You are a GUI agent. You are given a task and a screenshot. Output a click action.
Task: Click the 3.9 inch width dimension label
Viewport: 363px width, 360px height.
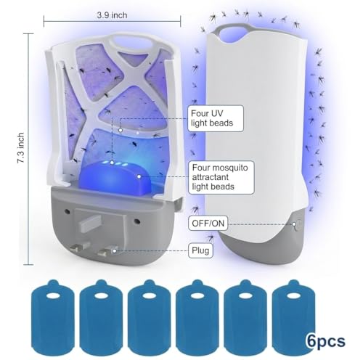point(112,15)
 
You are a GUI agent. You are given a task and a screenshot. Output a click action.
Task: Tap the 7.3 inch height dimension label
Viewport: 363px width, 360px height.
point(21,147)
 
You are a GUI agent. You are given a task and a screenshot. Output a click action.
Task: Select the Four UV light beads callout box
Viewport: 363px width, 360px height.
point(216,118)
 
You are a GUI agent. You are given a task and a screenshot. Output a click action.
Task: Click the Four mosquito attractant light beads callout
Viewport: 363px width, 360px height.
point(221,177)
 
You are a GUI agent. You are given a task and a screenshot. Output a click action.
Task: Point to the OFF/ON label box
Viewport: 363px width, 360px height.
point(208,224)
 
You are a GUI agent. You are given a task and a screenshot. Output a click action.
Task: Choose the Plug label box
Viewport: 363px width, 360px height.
point(200,250)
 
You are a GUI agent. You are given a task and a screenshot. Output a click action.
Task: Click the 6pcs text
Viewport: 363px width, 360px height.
point(326,341)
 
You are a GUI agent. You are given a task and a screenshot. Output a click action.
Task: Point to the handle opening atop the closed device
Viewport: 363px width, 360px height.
point(234,34)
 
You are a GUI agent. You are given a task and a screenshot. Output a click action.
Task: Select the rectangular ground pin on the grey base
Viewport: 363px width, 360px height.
point(89,224)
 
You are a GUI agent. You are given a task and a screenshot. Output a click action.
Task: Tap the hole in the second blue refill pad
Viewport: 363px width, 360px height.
point(101,295)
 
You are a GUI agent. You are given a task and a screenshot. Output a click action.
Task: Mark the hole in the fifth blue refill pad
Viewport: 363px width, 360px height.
point(245,295)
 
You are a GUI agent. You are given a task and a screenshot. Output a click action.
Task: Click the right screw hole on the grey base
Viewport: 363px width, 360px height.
point(137,221)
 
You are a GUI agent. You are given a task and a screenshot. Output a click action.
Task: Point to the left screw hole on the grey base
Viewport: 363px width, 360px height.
point(68,212)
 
